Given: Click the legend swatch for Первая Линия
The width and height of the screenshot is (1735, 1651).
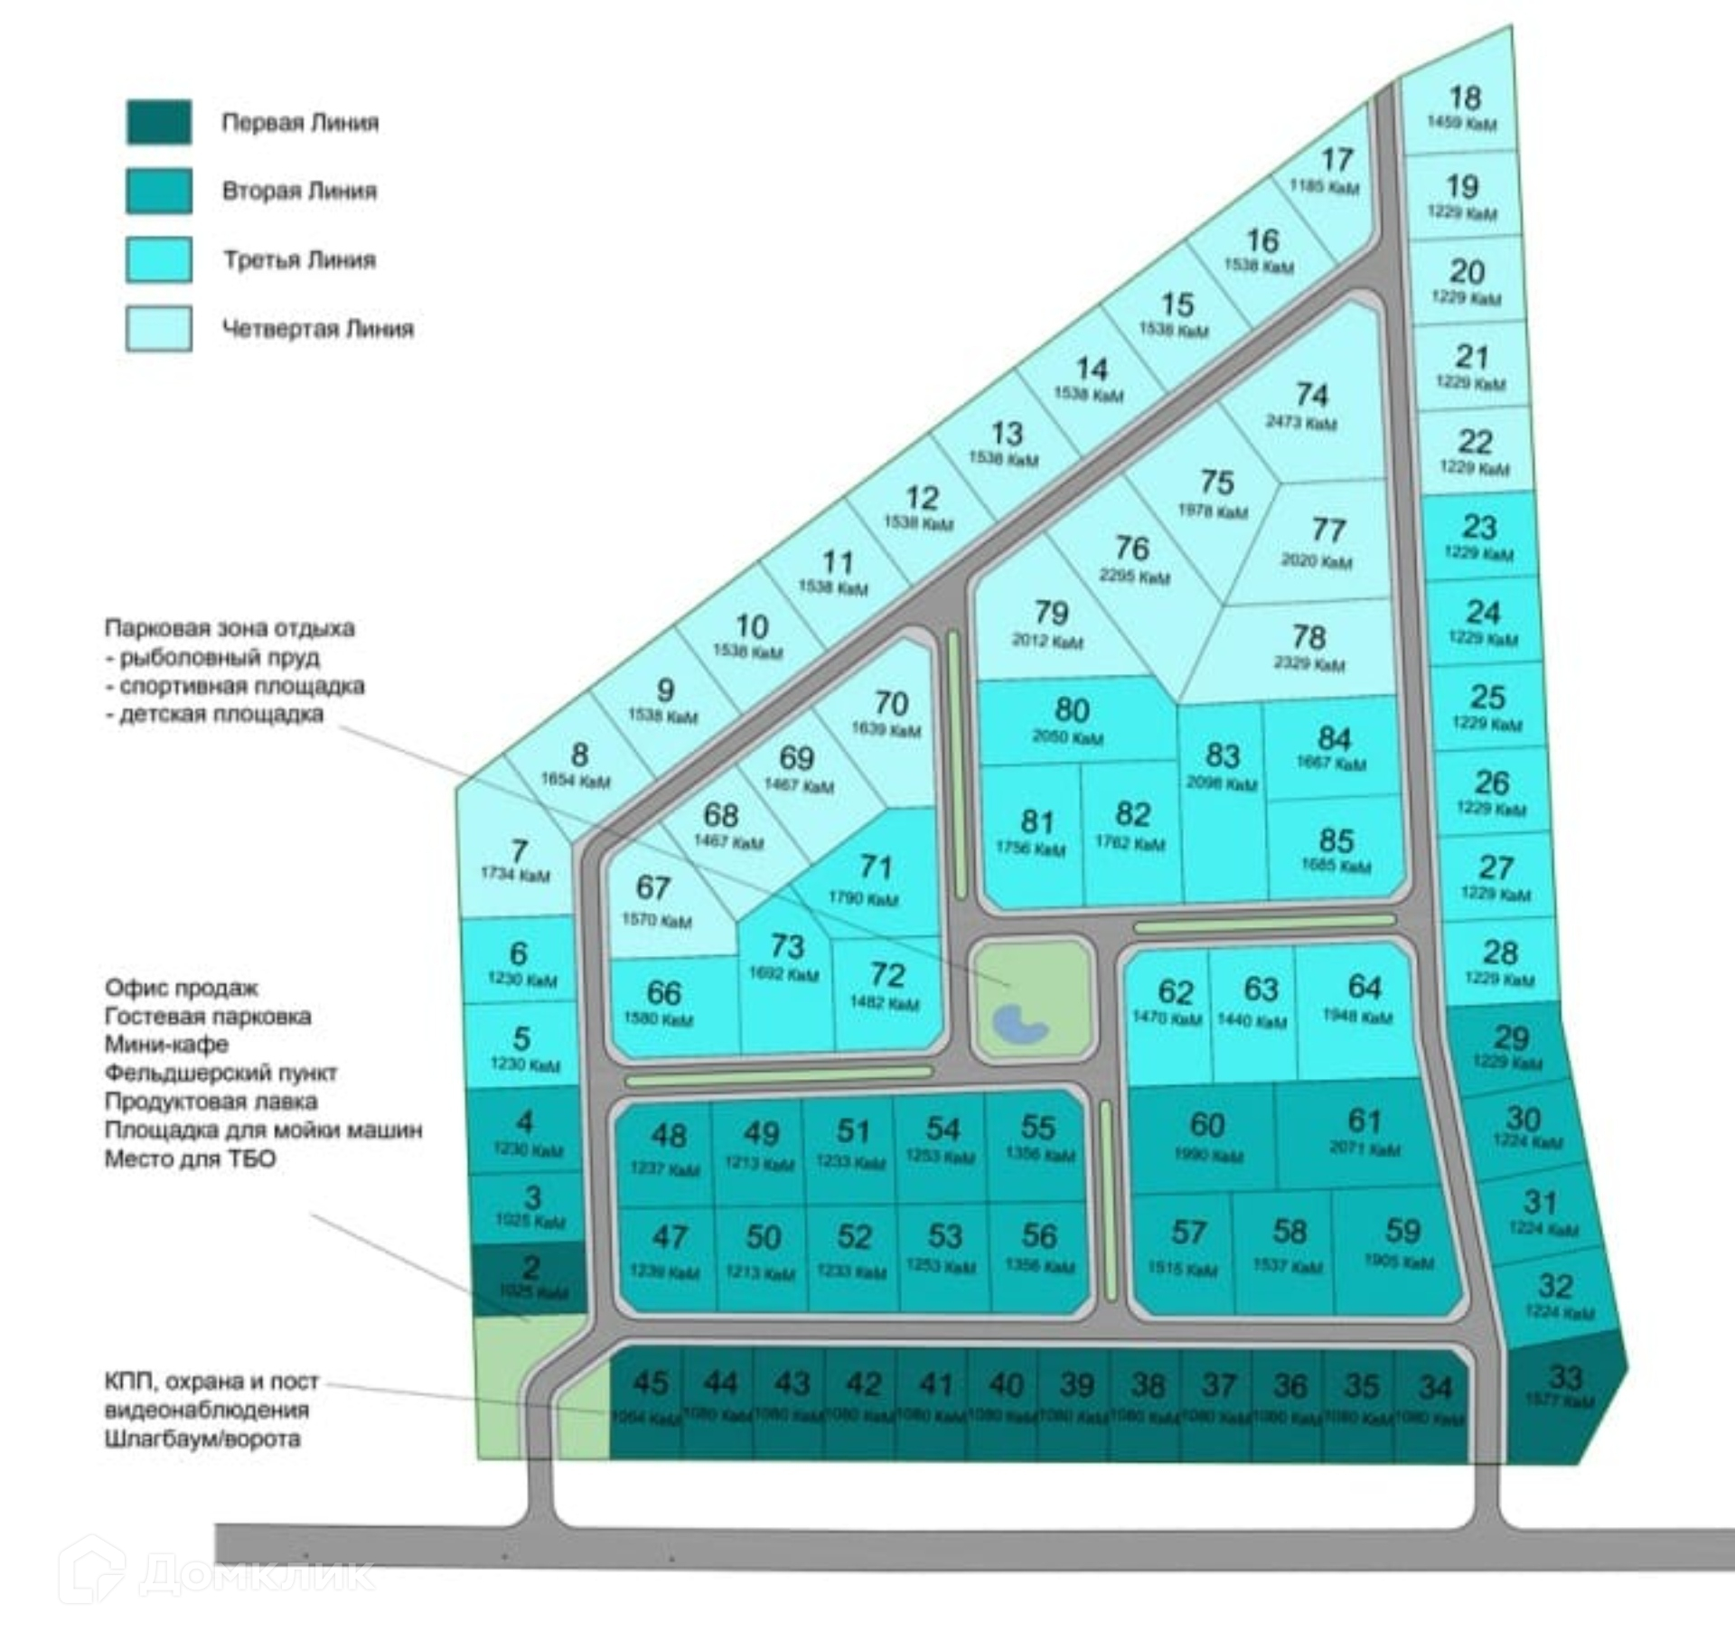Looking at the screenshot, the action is [x=158, y=122].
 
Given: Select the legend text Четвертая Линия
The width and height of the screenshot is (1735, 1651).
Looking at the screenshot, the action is [x=317, y=328].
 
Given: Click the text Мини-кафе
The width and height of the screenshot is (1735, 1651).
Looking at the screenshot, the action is [x=166, y=1044].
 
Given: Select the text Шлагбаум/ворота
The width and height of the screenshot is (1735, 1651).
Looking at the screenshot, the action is [x=202, y=1438].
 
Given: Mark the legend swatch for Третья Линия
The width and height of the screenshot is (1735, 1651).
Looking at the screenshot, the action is [x=158, y=259].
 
